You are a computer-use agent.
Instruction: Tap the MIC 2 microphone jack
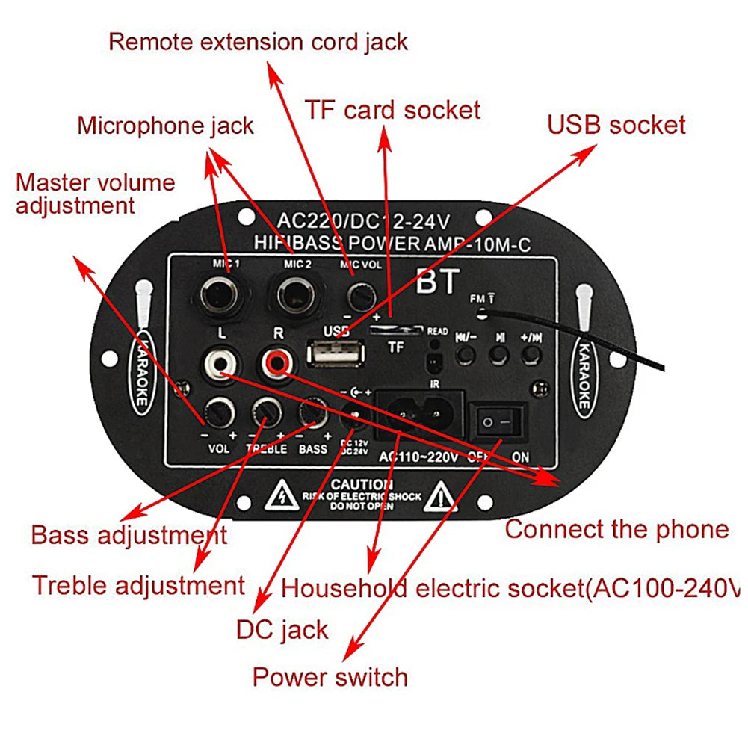pyautogui.click(x=293, y=293)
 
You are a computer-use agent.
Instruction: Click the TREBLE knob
pyautogui.click(x=266, y=410)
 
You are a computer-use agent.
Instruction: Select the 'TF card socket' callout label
pyautogui.click(x=392, y=110)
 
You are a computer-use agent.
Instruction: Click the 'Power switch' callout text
pyautogui.click(x=330, y=677)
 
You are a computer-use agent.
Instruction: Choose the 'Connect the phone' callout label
pyautogui.click(x=616, y=530)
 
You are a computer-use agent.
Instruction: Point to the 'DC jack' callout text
pyautogui.click(x=282, y=630)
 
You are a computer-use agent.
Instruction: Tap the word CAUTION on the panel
pyautogui.click(x=362, y=485)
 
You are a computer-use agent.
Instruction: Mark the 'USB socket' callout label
pyautogui.click(x=616, y=124)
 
